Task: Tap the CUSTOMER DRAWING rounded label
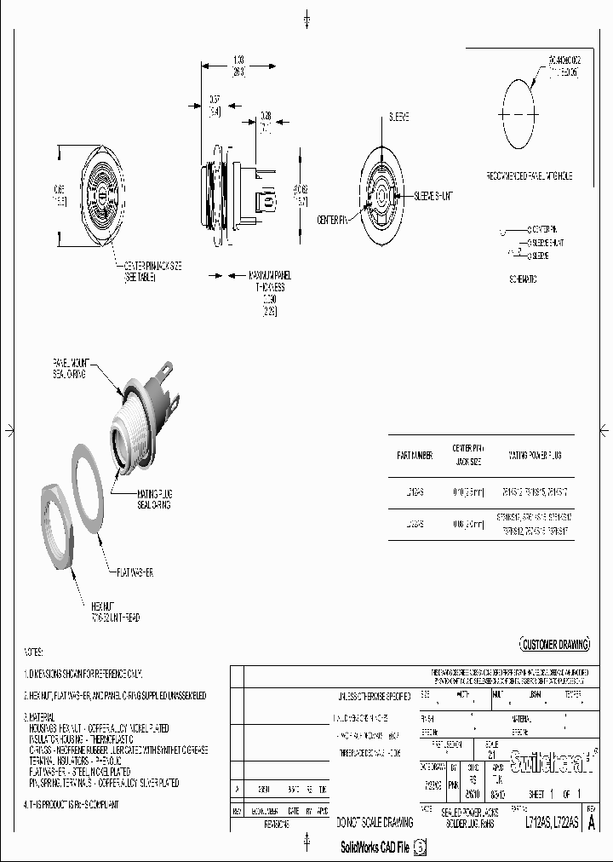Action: click(553, 645)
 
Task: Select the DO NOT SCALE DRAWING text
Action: click(374, 823)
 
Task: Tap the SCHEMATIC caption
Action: click(523, 278)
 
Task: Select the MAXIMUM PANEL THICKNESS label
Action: click(270, 282)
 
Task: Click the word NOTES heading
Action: click(33, 652)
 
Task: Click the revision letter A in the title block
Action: click(593, 823)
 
